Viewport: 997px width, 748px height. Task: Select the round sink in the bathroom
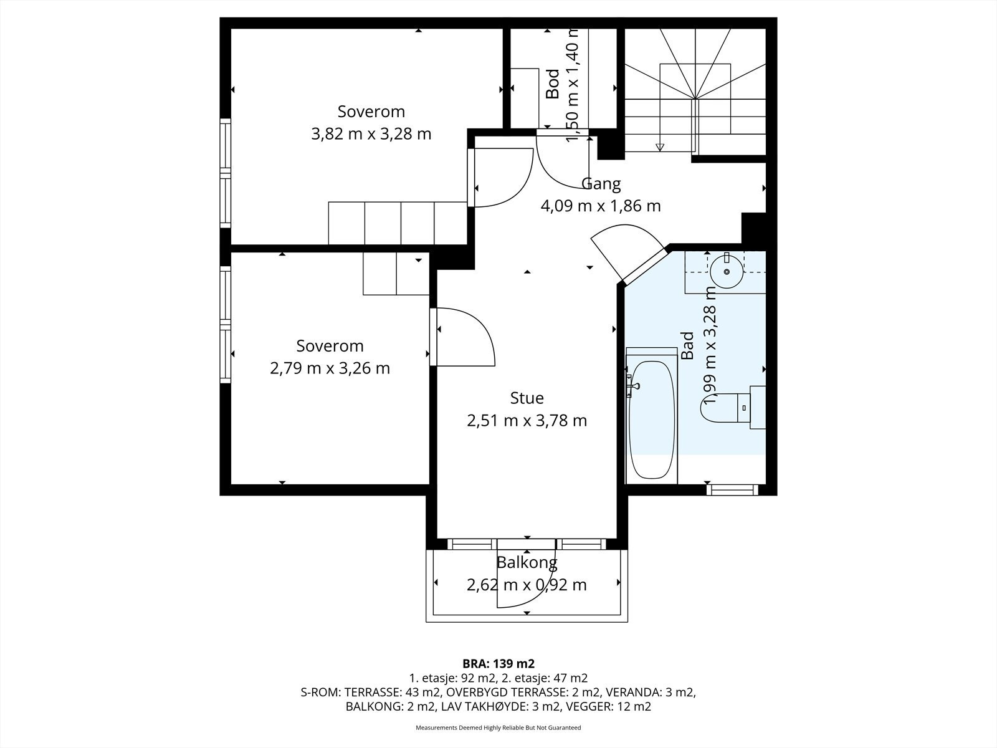pyautogui.click(x=727, y=272)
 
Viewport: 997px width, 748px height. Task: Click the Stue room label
pyautogui.click(x=527, y=398)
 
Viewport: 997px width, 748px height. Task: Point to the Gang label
pyautogui.click(x=601, y=184)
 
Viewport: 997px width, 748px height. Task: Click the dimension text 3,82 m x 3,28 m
pyautogui.click(x=371, y=134)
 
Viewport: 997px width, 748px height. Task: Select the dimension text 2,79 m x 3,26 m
pyautogui.click(x=330, y=368)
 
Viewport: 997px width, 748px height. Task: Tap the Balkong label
pyautogui.click(x=527, y=563)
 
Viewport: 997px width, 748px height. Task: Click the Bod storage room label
pyautogui.click(x=552, y=84)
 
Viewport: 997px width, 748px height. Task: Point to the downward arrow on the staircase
pyautogui.click(x=660, y=146)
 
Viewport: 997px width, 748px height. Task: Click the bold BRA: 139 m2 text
pyautogui.click(x=499, y=663)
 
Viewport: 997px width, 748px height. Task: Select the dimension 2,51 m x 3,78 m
pyautogui.click(x=527, y=421)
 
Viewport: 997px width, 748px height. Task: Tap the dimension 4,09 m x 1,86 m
pyautogui.click(x=601, y=206)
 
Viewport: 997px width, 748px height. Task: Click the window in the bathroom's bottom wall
pyautogui.click(x=732, y=490)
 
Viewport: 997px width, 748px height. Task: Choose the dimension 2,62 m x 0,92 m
pyautogui.click(x=527, y=585)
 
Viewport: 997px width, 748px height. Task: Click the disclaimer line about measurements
pyautogui.click(x=499, y=727)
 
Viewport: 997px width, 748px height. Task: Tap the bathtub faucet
pyautogui.click(x=632, y=386)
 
